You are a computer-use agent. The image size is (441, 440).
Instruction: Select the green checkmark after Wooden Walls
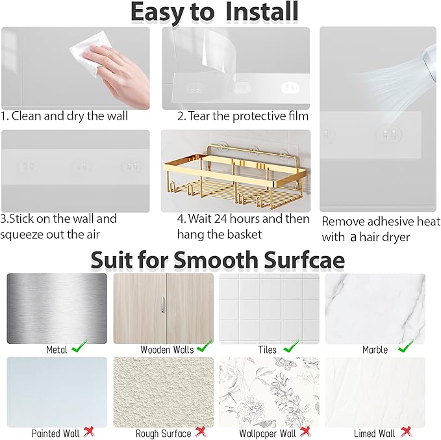click(205, 347)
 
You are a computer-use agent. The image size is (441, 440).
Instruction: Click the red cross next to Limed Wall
click(406, 432)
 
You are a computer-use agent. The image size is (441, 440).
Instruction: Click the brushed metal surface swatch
click(57, 308)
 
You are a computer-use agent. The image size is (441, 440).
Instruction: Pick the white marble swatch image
click(375, 308)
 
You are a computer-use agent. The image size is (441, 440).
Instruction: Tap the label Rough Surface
click(163, 433)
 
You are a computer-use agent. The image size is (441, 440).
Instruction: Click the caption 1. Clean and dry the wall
click(64, 116)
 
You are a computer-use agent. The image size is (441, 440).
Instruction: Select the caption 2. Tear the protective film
click(243, 116)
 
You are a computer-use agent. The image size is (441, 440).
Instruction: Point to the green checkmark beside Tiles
click(292, 347)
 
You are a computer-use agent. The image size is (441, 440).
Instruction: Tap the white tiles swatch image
click(269, 308)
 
